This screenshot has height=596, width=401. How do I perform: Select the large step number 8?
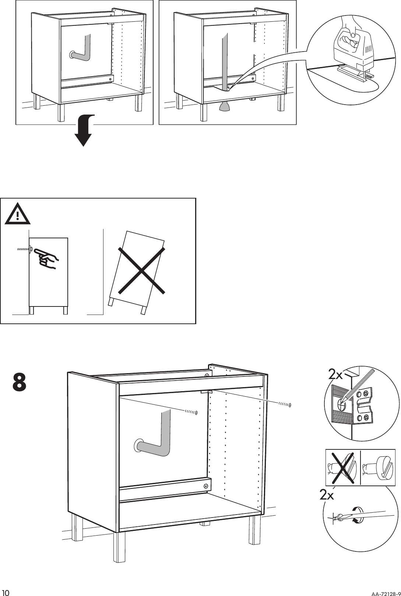(20, 382)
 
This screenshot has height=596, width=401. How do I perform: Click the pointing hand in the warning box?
(46, 258)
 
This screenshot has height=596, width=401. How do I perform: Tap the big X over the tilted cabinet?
(141, 270)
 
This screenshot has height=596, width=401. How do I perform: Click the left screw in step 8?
(191, 412)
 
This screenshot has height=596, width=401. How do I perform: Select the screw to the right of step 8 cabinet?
(285, 405)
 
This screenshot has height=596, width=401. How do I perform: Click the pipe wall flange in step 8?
(138, 445)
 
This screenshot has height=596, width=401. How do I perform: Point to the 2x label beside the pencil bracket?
(335, 375)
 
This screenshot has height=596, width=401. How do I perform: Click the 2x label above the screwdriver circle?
(327, 495)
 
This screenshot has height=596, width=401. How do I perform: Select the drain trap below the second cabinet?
(225, 106)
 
